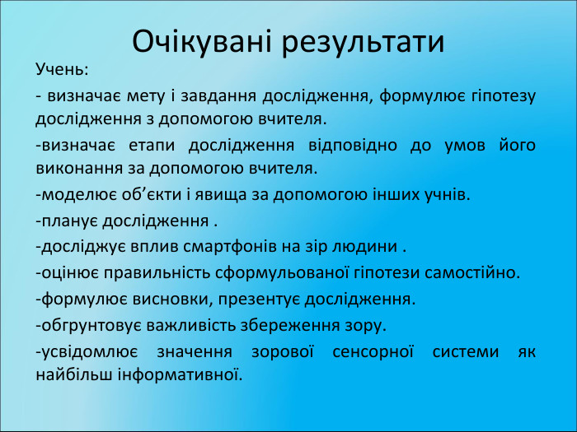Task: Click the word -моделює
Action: click(75, 195)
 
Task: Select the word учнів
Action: click(448, 195)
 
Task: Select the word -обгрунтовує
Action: click(90, 324)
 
